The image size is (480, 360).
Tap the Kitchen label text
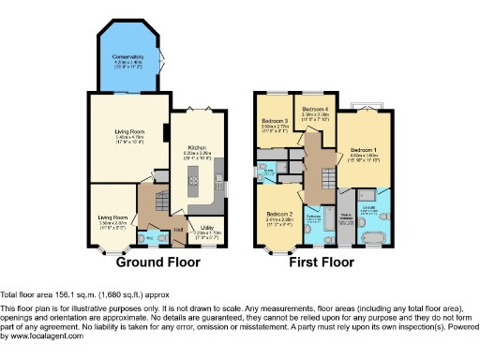click(198, 148)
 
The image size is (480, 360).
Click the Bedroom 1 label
click(365, 150)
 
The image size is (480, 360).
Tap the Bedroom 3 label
click(275, 122)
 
